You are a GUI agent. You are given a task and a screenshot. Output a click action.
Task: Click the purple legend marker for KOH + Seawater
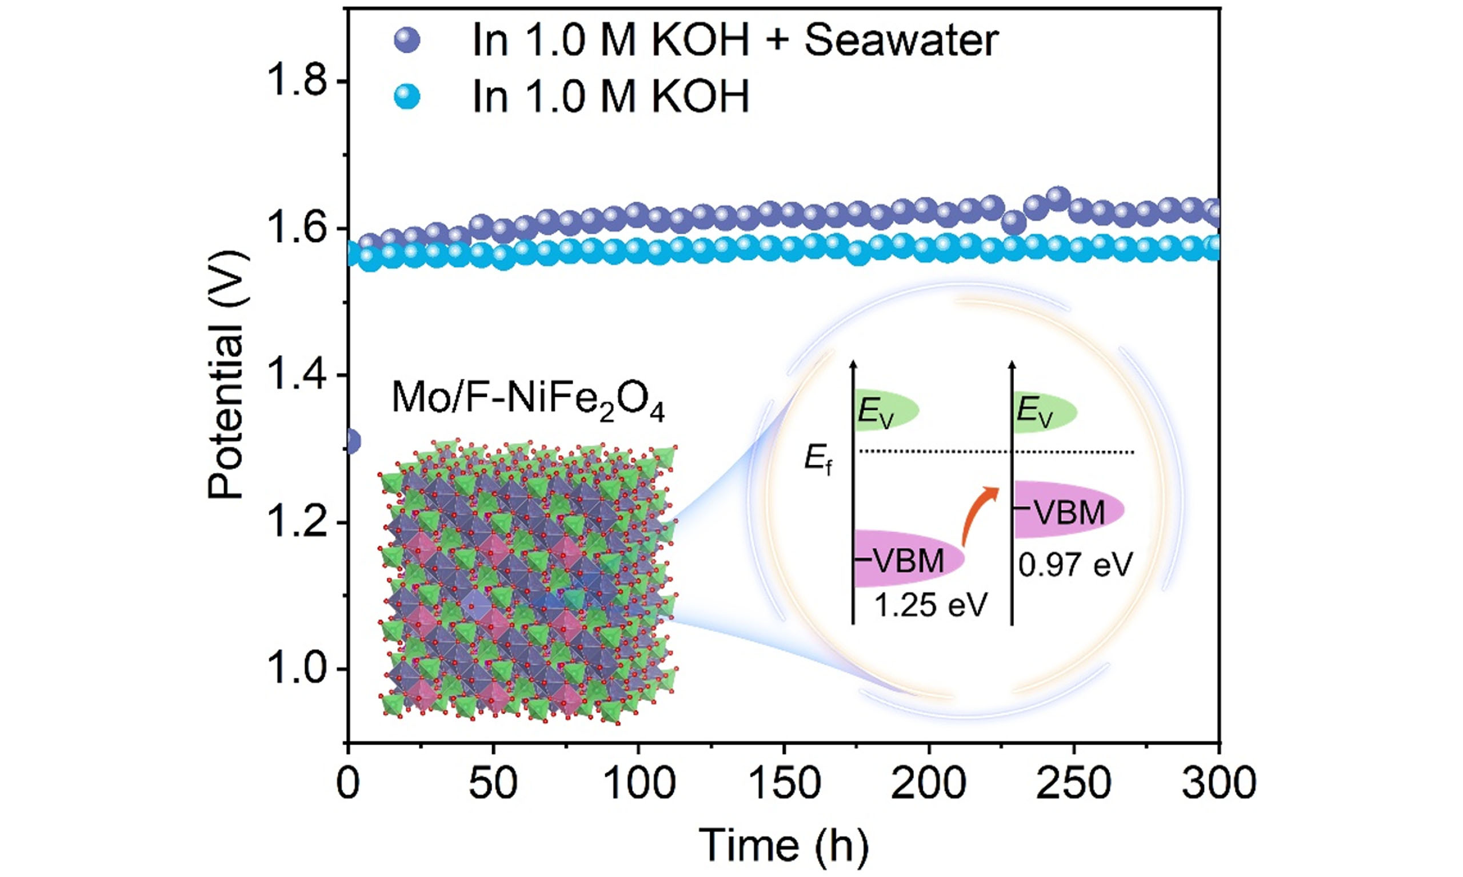407,41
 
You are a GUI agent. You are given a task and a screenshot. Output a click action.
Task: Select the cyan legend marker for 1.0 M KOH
407,96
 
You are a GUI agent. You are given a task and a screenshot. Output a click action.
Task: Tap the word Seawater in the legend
901,41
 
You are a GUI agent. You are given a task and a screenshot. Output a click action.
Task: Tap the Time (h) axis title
784,845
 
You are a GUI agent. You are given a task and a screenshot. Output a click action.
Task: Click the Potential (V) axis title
226,375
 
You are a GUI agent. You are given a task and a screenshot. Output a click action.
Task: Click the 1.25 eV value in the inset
931,605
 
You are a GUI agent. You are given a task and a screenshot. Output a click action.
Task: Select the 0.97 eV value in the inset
1074,564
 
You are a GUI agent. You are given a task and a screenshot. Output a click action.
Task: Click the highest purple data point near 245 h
1058,200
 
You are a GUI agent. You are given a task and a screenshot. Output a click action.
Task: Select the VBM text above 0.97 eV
1070,512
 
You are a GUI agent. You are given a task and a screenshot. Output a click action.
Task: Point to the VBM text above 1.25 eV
909,560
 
